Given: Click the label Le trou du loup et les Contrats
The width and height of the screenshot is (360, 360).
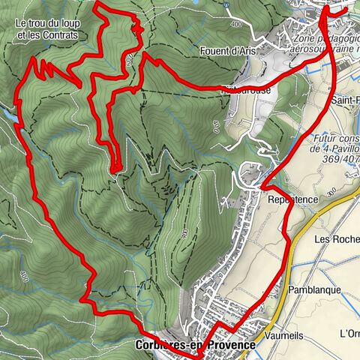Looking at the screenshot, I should pyautogui.click(x=46, y=28).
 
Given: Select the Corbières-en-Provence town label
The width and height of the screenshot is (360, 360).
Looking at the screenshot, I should pyautogui.click(x=195, y=345).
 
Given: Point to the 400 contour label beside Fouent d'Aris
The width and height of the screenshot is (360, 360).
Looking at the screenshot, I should pyautogui.click(x=238, y=25).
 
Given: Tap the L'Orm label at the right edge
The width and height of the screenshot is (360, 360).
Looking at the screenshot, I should pyautogui.click(x=349, y=333).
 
